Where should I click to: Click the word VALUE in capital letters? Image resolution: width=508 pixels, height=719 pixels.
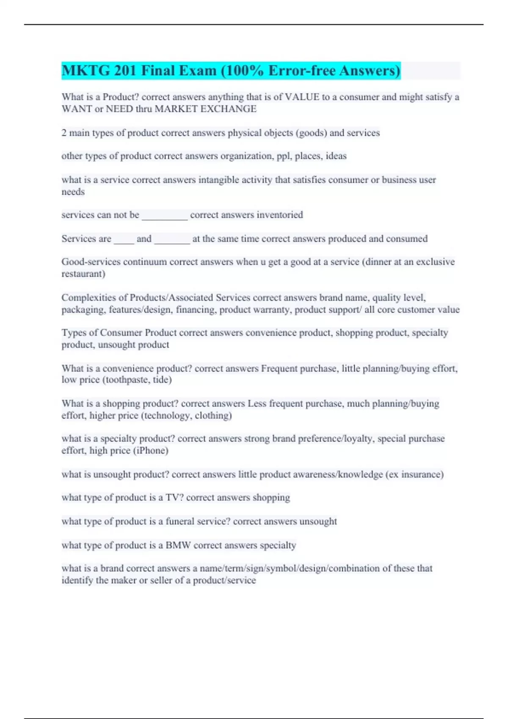tap(302, 97)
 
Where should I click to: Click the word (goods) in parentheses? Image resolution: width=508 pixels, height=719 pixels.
tap(311, 133)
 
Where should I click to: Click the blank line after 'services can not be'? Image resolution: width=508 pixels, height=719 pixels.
tap(165, 216)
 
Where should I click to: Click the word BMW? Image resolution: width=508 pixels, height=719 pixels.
tap(178, 545)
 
